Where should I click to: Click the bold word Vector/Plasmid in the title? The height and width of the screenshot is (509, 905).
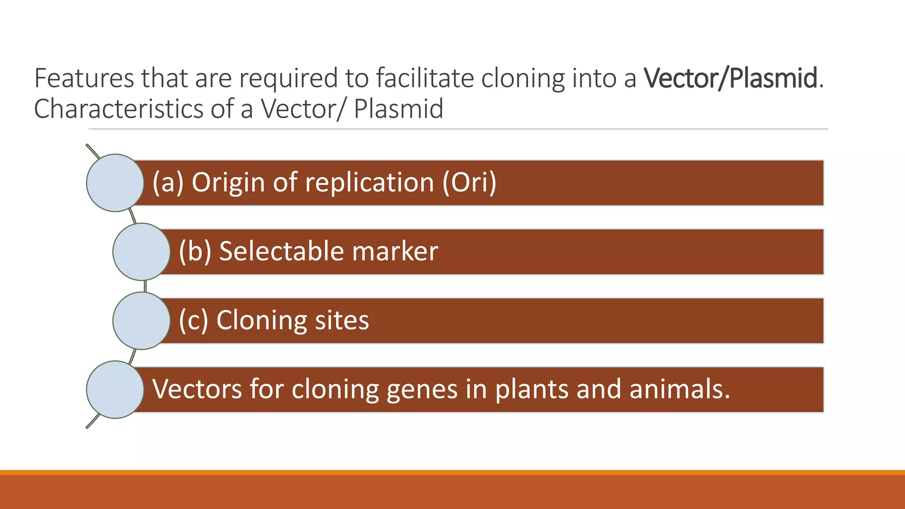[730, 79]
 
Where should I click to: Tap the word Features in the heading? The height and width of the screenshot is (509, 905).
[84, 79]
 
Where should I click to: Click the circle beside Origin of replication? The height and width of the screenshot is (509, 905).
[115, 182]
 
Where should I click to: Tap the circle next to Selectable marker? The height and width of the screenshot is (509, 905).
[141, 251]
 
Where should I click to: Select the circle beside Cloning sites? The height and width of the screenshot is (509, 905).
[141, 320]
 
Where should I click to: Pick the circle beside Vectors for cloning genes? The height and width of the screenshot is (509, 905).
[115, 389]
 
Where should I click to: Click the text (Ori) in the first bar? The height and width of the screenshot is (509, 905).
[469, 182]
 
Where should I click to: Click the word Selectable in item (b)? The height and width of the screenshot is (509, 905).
[281, 251]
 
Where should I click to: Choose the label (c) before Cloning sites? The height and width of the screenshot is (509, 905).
[193, 320]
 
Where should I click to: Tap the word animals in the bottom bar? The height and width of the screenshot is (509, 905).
[679, 389]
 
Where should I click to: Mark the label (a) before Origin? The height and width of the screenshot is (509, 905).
[167, 182]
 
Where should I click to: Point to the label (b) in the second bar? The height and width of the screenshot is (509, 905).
[195, 251]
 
